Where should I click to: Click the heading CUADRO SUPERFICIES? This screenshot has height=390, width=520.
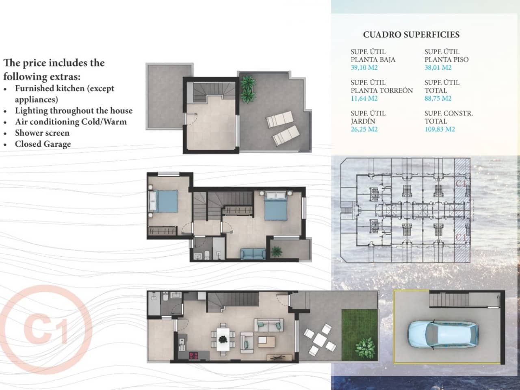[x=411, y=35]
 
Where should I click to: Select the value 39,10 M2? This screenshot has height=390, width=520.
[x=364, y=67]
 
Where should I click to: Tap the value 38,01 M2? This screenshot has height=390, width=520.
[x=438, y=67]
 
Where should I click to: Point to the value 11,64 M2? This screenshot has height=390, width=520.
[x=364, y=98]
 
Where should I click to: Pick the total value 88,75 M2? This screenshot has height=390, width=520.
[x=438, y=98]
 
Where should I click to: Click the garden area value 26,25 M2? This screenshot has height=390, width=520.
[x=364, y=129]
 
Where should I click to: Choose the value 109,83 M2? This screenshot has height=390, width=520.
[x=440, y=129]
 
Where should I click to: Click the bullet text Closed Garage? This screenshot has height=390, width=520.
[x=43, y=144]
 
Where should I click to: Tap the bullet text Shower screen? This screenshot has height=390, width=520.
[x=42, y=133]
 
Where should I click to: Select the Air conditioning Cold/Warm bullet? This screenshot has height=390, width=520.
[x=71, y=122]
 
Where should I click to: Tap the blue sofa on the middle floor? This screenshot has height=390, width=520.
[x=253, y=254]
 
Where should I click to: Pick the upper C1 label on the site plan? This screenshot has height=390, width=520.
[x=461, y=184]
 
